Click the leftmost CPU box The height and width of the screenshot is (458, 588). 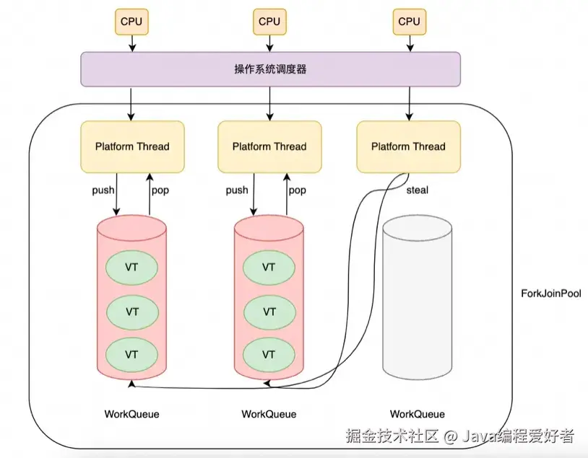(131, 22)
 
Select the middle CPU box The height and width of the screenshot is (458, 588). (269, 22)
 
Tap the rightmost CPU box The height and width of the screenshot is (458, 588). (409, 22)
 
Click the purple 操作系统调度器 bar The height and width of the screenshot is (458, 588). (270, 69)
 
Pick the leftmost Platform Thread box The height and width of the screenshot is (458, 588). (132, 146)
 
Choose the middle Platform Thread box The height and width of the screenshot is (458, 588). (270, 146)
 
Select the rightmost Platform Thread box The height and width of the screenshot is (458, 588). (409, 146)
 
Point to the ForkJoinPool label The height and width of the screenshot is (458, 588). (550, 294)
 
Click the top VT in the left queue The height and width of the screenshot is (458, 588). (132, 267)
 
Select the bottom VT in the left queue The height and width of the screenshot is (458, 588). (132, 355)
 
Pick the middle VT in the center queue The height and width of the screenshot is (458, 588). (269, 312)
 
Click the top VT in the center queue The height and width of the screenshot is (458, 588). (269, 267)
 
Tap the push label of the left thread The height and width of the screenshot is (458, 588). (103, 190)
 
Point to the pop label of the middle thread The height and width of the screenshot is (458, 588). (297, 190)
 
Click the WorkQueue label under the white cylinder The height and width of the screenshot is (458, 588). (418, 414)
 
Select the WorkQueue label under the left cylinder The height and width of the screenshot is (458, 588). (131, 414)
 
